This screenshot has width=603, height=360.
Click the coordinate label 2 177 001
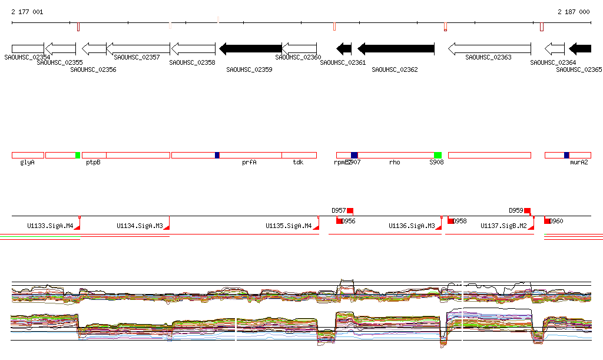[x=27, y=12]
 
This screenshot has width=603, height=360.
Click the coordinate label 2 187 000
[x=574, y=12]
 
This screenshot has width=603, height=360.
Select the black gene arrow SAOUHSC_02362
[x=396, y=49]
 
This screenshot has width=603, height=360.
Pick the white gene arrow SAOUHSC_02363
[x=489, y=49]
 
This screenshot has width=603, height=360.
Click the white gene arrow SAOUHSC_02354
[x=28, y=49]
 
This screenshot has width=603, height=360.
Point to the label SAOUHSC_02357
[x=137, y=58]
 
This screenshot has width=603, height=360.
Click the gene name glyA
[x=27, y=162]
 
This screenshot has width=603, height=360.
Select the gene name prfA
[x=249, y=162]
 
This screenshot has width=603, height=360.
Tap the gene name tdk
[x=298, y=162]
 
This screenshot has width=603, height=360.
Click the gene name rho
[x=395, y=162]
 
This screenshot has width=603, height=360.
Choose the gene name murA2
[x=579, y=162]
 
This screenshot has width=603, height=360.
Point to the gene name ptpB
[x=93, y=162]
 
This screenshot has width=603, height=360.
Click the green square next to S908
[x=438, y=155]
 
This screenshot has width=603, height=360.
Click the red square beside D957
[x=350, y=210]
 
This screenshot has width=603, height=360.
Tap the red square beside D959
[x=527, y=210]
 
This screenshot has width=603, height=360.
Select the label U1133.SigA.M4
[x=50, y=226]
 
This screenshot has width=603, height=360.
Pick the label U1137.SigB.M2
[x=503, y=226]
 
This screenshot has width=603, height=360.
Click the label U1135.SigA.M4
[x=289, y=226]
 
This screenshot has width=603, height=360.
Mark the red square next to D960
[x=547, y=221]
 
